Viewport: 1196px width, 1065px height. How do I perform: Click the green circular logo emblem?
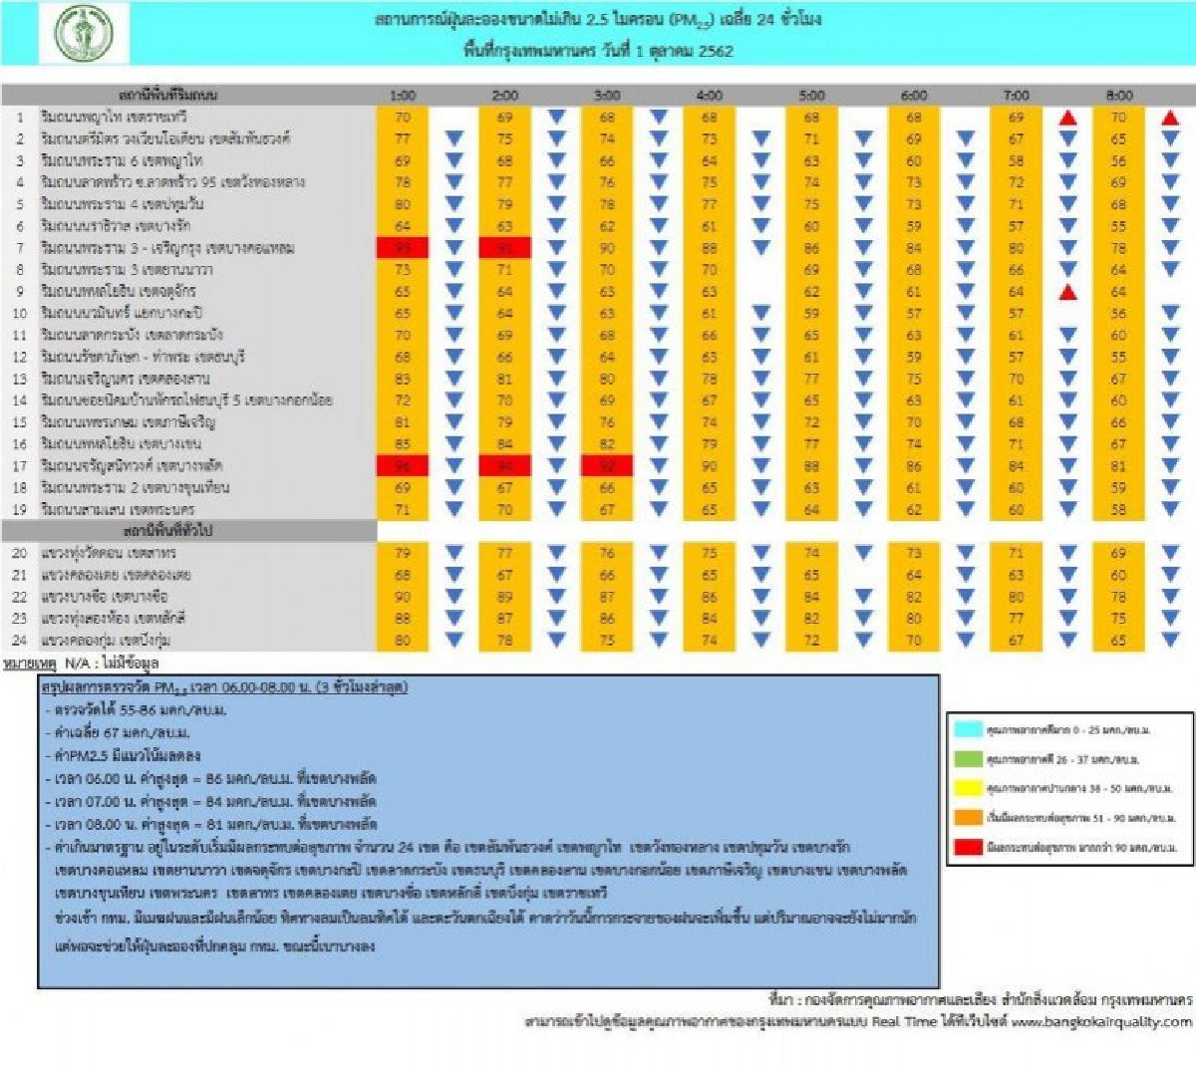click(84, 33)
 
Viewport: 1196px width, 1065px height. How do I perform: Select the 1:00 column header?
click(403, 96)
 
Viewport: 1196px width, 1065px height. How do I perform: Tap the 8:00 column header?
click(1119, 96)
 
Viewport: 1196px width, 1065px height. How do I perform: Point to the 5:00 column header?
click(811, 96)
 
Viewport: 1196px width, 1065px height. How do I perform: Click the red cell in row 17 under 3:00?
click(607, 465)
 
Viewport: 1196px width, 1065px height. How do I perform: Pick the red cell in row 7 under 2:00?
click(504, 247)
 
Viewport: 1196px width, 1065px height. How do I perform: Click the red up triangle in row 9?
click(1067, 292)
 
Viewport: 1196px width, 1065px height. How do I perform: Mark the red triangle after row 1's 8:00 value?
click(1170, 118)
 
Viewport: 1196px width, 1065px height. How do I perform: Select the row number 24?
click(19, 640)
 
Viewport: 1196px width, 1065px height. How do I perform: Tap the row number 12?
click(19, 357)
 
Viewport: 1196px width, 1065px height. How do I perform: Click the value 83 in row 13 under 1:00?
click(403, 379)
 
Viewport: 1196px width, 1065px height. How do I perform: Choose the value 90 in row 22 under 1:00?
click(403, 597)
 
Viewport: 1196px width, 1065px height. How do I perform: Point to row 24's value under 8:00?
click(1119, 640)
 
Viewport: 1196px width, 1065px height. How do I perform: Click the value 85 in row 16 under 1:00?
click(403, 443)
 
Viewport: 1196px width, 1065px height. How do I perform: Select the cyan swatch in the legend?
click(967, 729)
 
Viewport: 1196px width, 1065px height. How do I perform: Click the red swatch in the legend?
click(967, 847)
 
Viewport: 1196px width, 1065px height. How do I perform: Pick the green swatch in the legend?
click(967, 759)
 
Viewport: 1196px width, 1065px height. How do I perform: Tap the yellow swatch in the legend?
click(967, 788)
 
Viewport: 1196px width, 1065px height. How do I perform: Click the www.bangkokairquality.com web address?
click(1101, 1021)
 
